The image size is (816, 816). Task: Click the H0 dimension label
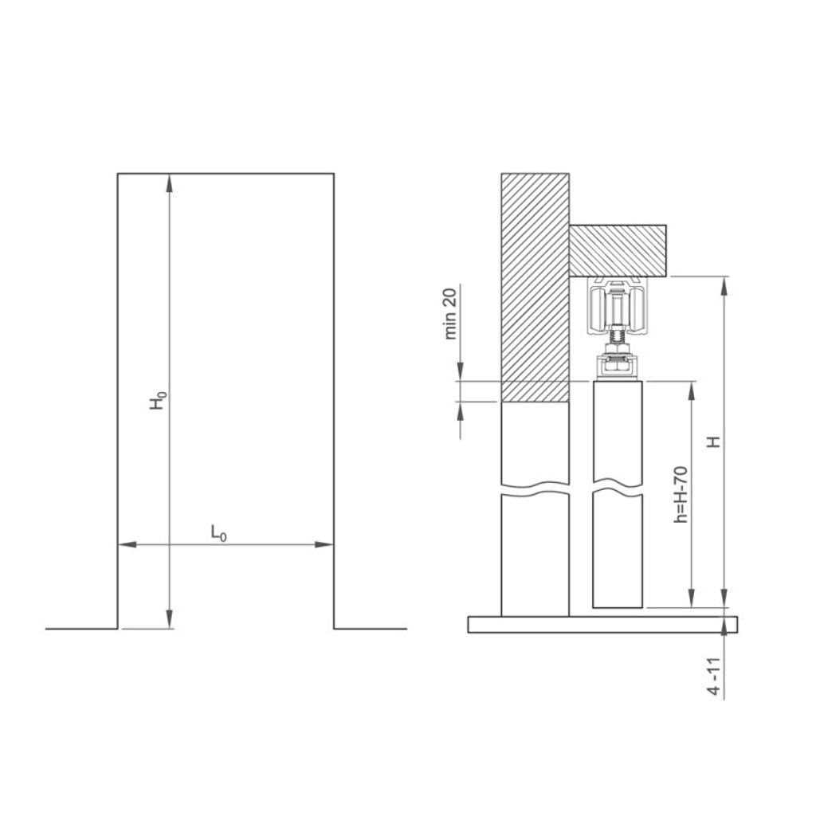click(159, 400)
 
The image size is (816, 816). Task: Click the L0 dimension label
click(218, 533)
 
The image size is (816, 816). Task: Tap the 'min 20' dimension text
click(450, 314)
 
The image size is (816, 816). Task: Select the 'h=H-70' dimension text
click(680, 494)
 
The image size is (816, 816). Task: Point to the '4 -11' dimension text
click(716, 678)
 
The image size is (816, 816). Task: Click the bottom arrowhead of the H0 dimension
click(169, 618)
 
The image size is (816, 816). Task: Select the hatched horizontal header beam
click(618, 250)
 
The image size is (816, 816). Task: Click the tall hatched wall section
click(534, 287)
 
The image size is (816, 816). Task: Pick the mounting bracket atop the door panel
click(618, 367)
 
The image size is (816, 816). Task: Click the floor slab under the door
click(602, 624)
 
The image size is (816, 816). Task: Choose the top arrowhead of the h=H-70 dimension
click(691, 391)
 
